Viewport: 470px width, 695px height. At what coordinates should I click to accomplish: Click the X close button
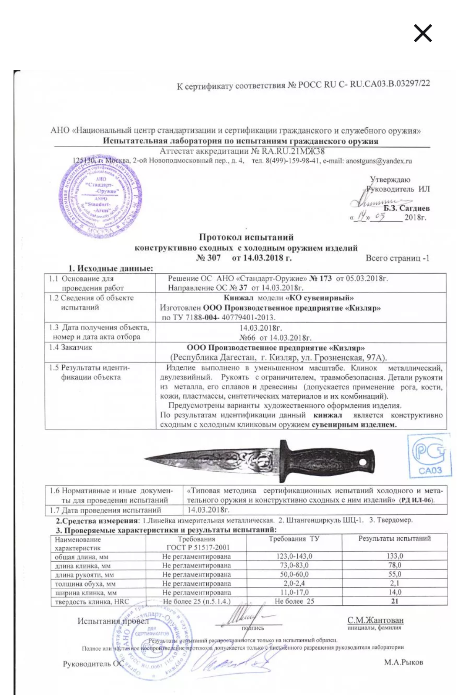423,34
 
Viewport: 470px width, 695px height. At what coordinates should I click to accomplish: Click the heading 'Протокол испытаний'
246,237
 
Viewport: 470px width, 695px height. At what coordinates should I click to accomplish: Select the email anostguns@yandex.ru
379,161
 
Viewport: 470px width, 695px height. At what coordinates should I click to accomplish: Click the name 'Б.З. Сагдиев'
406,208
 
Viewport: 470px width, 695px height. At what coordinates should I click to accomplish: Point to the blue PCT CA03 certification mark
430,456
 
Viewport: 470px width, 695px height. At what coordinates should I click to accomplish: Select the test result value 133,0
395,556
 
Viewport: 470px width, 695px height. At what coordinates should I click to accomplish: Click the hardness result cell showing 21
395,601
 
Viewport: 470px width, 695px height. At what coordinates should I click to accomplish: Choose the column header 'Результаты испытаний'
394,539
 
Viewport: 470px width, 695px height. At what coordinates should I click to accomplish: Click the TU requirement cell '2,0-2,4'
294,583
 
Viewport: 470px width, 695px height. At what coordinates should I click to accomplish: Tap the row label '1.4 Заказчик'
70,348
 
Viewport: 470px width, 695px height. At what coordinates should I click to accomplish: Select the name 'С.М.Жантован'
375,620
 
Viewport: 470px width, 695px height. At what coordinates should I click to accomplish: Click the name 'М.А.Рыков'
403,662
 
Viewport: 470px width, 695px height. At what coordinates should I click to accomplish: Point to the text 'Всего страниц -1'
397,258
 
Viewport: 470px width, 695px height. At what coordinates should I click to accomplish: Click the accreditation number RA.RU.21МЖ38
293,151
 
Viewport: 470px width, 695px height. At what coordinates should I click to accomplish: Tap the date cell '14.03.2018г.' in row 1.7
208,510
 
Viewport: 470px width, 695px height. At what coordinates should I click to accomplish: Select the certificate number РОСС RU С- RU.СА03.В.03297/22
364,84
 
